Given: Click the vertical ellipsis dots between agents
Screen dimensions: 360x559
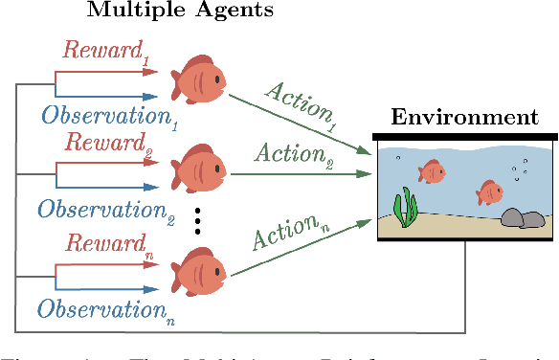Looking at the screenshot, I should click(197, 219).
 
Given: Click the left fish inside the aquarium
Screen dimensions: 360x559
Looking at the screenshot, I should click(432, 171).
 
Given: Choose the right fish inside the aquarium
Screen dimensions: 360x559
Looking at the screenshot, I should click(490, 192).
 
